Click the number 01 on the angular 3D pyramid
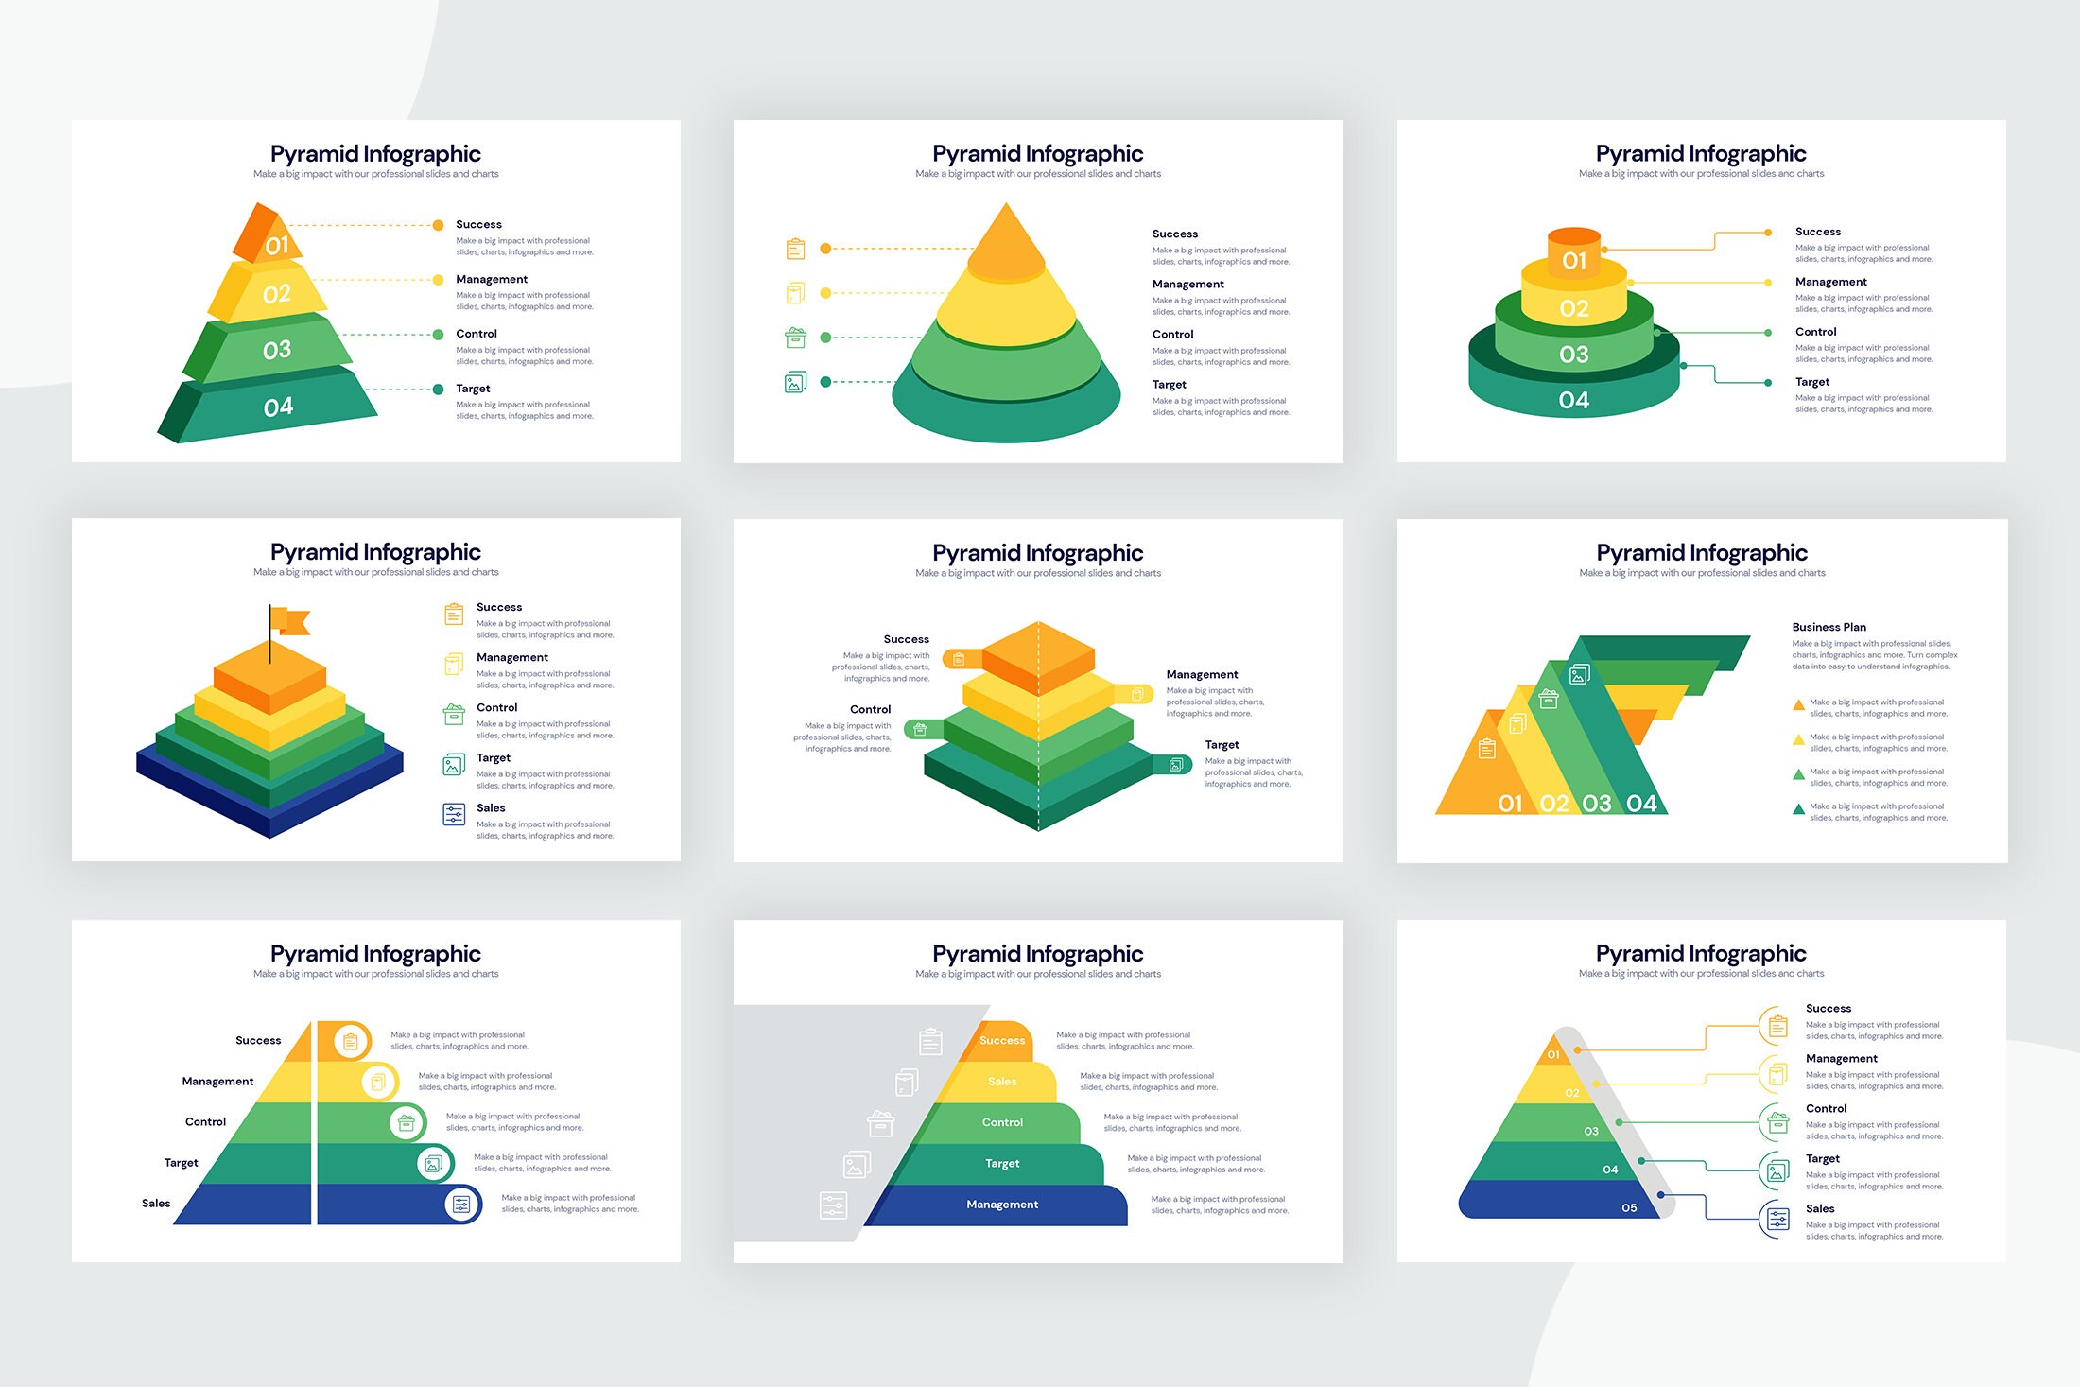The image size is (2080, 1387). (x=277, y=246)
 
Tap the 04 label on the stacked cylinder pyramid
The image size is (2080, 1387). (x=1573, y=401)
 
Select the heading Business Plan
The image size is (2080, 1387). (x=1829, y=627)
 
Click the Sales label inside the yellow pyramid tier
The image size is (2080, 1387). (x=1002, y=1082)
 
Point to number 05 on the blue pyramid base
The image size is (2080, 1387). (x=1629, y=1208)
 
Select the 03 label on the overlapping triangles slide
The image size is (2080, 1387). (x=1597, y=804)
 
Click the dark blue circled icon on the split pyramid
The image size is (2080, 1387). (x=461, y=1205)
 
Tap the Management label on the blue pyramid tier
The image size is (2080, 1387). (x=1002, y=1205)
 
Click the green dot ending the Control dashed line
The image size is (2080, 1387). (x=438, y=335)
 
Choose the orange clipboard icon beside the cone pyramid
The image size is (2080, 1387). (x=796, y=249)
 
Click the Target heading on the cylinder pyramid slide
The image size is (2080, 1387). (x=1811, y=382)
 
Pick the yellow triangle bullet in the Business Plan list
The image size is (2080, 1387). (x=1798, y=739)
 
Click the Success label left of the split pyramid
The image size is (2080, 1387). (x=258, y=1040)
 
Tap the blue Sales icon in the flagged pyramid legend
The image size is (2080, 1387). (x=454, y=814)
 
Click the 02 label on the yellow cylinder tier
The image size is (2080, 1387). (x=1573, y=308)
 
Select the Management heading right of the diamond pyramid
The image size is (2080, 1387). (x=1202, y=674)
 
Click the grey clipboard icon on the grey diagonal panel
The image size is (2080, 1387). (x=930, y=1041)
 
